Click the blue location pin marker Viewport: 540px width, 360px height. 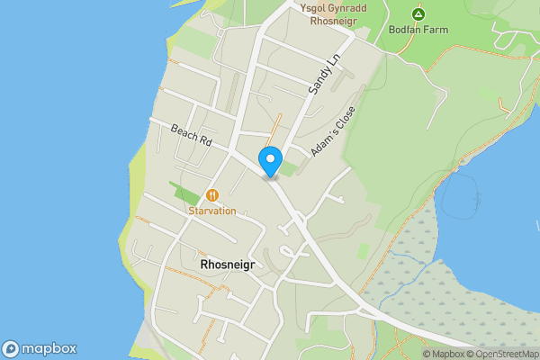[269, 161]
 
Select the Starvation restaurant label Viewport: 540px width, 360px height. [212, 211]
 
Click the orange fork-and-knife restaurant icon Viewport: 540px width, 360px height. [212, 194]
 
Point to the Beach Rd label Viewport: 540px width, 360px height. [191, 136]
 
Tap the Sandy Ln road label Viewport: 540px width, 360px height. [325, 74]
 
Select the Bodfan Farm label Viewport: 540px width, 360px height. [418, 29]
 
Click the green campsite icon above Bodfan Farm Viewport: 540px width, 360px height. [418, 13]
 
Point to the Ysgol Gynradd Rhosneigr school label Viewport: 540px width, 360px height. [335, 13]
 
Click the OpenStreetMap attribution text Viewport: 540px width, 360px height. [502, 354]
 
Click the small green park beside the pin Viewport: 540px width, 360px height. [288, 167]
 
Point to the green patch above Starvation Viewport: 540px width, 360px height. [186, 193]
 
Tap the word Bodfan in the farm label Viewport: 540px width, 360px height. [406, 29]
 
